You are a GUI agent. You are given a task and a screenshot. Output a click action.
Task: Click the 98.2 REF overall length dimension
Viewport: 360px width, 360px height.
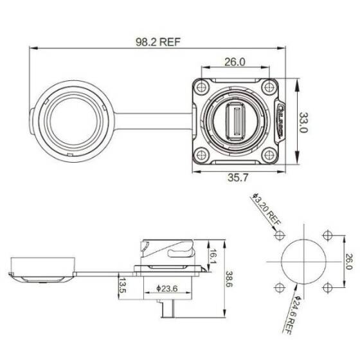(157, 42)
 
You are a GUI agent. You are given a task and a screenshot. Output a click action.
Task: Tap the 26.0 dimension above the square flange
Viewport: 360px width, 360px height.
(235, 62)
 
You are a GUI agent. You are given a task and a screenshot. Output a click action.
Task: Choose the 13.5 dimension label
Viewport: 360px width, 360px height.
(121, 285)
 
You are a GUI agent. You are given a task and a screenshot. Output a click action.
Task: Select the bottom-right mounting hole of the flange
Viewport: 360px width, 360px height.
(270, 154)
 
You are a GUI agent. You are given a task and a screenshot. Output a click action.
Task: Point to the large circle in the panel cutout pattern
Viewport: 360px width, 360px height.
(303, 261)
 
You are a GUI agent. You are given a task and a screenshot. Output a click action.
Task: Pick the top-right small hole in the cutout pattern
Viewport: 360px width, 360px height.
(328, 236)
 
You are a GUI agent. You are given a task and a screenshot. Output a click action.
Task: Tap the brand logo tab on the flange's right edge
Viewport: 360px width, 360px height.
(281, 121)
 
